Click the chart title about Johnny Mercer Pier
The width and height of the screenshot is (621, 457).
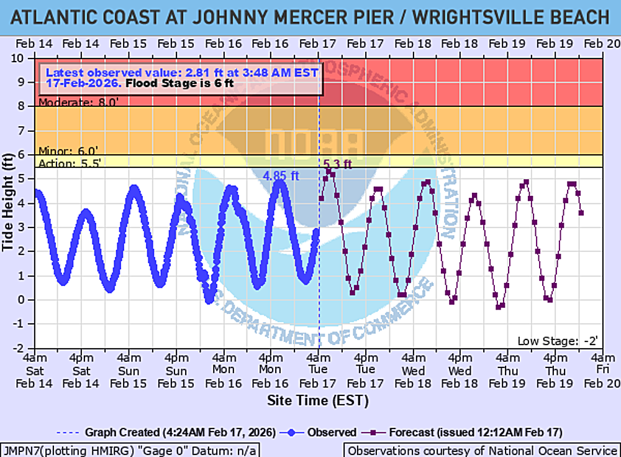point(310,17)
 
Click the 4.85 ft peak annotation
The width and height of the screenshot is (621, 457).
point(281,176)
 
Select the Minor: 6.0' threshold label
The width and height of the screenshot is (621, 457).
point(68,151)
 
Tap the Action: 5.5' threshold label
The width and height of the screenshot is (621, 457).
point(69,164)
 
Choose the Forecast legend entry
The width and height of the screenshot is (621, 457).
point(472,432)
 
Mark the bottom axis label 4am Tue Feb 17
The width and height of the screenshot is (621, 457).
point(318,371)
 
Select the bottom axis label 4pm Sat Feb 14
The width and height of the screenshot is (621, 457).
point(82,371)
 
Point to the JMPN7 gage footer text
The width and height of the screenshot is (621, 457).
point(130,450)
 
